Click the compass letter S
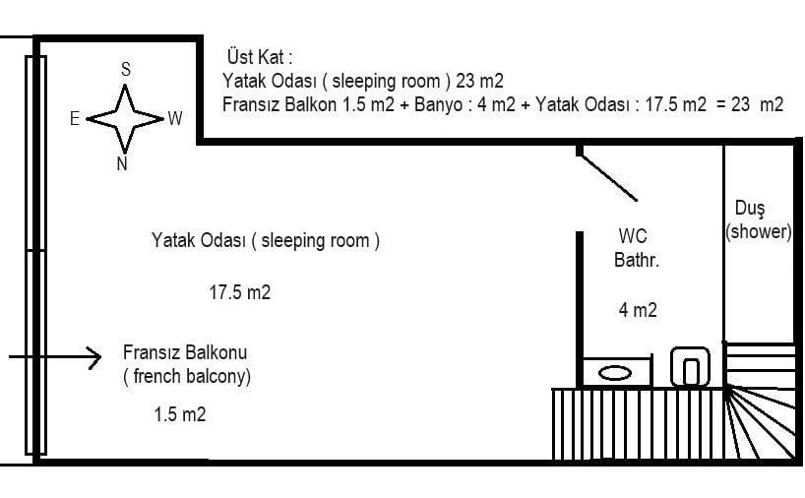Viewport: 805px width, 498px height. coord(126,69)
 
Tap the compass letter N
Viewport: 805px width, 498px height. coord(122,163)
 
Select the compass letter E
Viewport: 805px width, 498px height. coord(75,119)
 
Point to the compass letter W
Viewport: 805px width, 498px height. coord(175,119)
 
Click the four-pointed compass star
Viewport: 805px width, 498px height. coord(125,119)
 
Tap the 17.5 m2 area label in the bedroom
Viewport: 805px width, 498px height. coord(240,292)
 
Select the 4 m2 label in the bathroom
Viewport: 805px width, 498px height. coord(638,310)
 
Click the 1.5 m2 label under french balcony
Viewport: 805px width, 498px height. coord(180,413)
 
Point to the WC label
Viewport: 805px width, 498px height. coord(633,236)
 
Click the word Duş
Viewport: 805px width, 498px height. coord(750,209)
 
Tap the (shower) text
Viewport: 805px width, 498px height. coord(759,231)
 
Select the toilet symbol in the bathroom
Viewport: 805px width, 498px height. coord(691,366)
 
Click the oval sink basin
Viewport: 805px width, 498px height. coord(615,373)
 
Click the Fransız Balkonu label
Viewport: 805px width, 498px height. coord(185,352)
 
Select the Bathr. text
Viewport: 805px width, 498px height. coord(637,260)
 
